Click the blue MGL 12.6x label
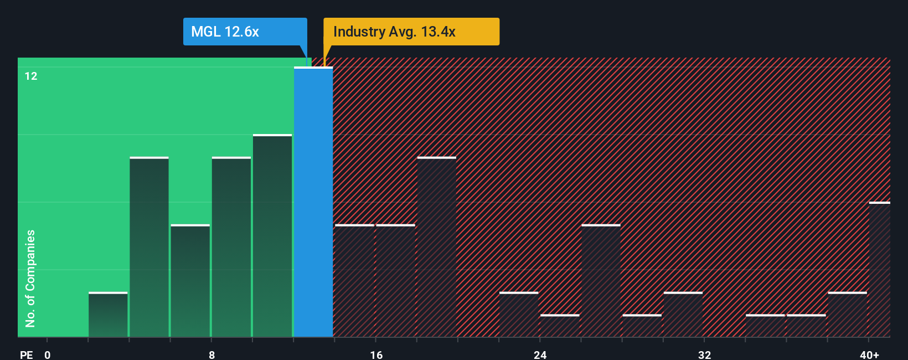point(245,32)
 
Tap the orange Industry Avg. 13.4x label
point(411,32)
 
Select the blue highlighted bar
point(313,202)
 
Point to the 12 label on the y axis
point(31,76)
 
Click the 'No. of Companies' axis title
point(30,278)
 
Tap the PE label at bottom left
point(26,354)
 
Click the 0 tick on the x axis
point(48,354)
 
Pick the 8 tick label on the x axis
point(211,354)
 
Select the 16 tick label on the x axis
point(376,354)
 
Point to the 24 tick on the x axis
point(540,354)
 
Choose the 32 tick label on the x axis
point(704,354)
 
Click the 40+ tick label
point(869,354)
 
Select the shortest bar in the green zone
point(108,315)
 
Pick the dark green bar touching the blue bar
point(272,236)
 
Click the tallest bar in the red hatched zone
point(437,247)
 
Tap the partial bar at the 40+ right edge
point(879,270)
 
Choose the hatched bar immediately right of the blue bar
point(354,281)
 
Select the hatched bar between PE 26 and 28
point(601,281)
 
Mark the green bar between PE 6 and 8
point(190,281)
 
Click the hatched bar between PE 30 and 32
point(683,315)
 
